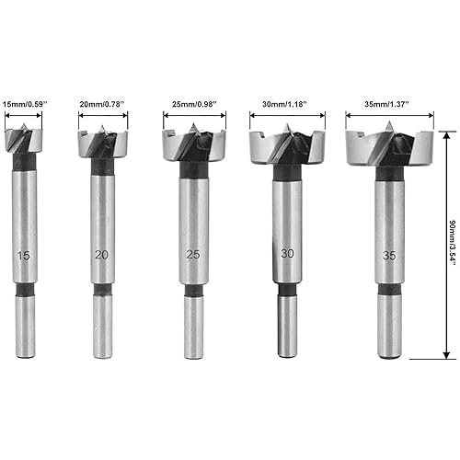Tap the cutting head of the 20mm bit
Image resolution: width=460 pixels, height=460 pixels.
click(102, 144)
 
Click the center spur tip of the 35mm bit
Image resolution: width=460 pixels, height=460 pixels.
click(390, 126)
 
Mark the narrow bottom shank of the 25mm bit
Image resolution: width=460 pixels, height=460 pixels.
click(193, 327)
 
